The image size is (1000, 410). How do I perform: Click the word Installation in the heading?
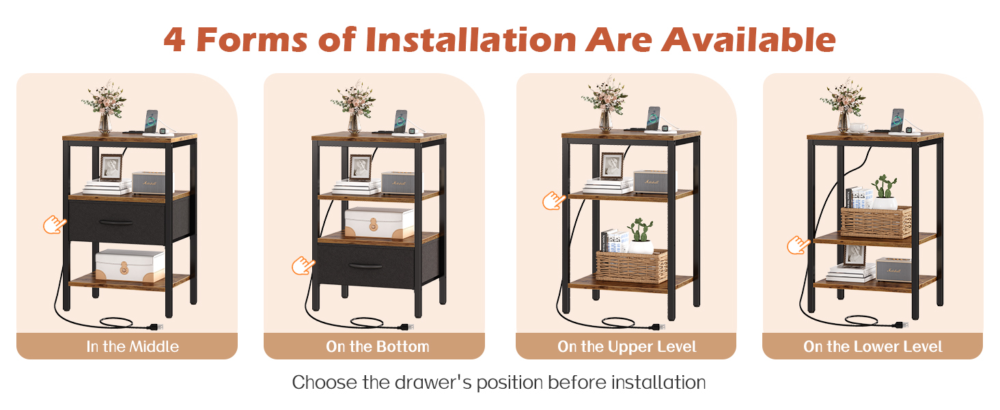tap(471, 40)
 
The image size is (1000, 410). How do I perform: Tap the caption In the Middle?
tap(133, 346)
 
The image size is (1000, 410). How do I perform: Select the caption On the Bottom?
tap(378, 346)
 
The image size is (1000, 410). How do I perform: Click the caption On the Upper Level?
tap(627, 346)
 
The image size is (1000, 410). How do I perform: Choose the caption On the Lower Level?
tap(873, 346)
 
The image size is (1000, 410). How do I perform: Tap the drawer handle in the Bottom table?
tap(365, 266)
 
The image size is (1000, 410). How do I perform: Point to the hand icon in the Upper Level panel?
tap(553, 201)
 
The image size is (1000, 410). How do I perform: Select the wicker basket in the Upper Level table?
tap(632, 266)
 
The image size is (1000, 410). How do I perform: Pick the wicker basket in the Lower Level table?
tap(876, 222)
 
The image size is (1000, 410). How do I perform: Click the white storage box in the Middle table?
tap(130, 266)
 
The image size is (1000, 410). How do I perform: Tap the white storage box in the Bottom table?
tap(380, 223)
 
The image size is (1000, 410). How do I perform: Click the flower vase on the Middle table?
tap(105, 123)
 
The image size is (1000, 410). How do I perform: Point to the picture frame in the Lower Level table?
tap(855, 256)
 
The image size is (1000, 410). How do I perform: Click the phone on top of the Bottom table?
tap(400, 120)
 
